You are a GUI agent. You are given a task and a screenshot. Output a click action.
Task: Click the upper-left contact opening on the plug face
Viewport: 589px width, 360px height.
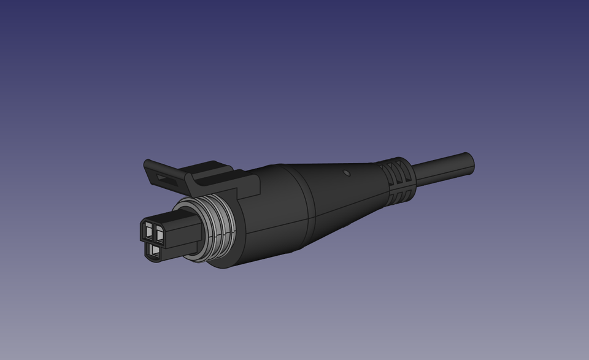point(148,231)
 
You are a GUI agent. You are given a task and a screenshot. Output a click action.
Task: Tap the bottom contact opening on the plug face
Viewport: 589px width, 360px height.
point(153,250)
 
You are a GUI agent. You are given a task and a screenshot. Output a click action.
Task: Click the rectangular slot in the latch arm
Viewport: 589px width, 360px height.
point(163,178)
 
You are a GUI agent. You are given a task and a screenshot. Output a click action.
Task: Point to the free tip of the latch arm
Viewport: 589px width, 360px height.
point(147,164)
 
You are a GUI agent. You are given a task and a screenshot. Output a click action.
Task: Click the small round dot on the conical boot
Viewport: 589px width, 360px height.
point(347,173)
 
